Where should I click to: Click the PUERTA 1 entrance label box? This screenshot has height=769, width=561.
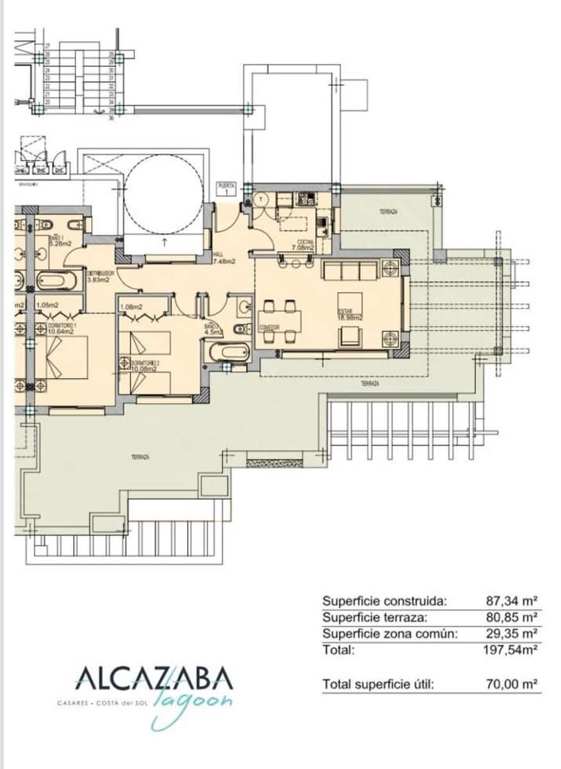pos(226,188)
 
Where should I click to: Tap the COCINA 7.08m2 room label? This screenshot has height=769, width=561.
pos(304,244)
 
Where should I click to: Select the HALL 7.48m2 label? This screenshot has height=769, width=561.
pos(224,258)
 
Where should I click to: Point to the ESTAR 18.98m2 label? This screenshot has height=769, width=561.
pos(350,315)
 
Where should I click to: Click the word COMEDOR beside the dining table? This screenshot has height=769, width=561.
pos(270,327)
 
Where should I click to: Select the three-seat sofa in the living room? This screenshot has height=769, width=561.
pos(349,270)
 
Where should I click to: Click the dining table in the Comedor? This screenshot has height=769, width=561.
pos(280,318)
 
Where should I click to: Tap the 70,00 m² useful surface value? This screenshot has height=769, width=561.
pos(511,684)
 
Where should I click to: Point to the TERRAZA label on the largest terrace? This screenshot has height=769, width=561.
pos(140,457)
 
